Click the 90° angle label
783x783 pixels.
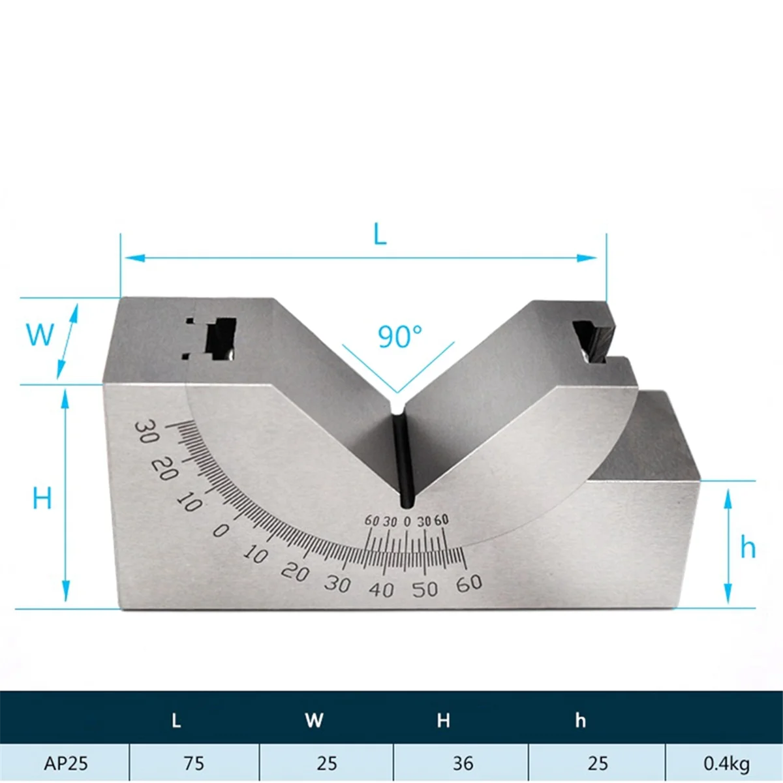[399, 337]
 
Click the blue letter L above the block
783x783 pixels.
[380, 234]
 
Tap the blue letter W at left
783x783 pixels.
[40, 335]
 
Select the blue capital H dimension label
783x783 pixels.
[42, 499]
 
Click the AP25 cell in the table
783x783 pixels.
[66, 763]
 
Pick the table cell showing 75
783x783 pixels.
[194, 763]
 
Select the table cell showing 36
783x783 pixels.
[463, 763]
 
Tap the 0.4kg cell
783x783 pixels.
[726, 763]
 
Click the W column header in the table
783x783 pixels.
[314, 720]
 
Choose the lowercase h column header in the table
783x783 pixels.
[580, 720]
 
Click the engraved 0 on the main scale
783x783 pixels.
[221, 530]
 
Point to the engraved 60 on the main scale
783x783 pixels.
[469, 583]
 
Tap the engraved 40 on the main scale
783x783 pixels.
[381, 591]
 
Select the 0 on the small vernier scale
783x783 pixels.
[407, 521]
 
